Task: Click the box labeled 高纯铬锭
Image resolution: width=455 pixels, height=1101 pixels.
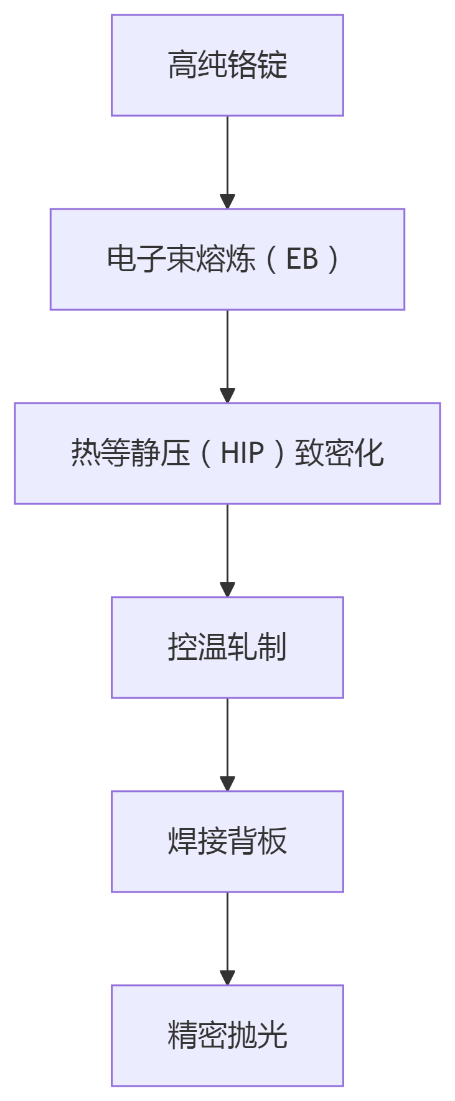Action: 227,65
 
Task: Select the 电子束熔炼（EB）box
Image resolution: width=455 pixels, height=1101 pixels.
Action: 227,259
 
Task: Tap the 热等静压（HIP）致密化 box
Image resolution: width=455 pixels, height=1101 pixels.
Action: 227,453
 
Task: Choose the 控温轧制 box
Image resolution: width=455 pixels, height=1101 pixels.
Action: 227,647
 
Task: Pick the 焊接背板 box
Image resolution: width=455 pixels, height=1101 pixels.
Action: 227,841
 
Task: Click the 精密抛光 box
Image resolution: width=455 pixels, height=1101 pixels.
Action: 227,1035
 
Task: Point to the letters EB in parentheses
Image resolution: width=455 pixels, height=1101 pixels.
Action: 302,259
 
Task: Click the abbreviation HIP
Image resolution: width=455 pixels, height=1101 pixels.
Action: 242,453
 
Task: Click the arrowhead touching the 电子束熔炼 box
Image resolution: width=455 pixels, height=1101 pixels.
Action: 227,202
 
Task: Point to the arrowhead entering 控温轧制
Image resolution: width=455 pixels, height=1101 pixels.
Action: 227,590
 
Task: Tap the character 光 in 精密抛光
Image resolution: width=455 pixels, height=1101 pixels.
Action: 272,1035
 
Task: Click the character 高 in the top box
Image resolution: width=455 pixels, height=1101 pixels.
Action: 182,65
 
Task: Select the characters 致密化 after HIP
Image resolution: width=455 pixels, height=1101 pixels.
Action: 339,453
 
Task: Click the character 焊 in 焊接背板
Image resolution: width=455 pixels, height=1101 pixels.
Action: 182,841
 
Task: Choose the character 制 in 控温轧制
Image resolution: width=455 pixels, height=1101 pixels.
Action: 272,647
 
